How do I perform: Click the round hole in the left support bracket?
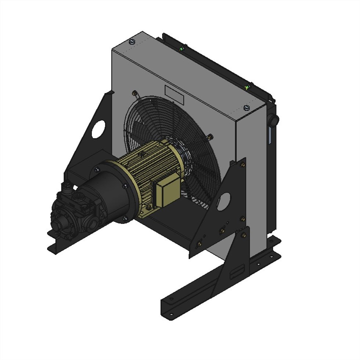(98, 129)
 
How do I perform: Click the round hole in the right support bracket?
(224, 201)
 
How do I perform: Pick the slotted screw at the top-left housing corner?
(133, 42)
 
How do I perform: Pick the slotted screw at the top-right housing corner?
(246, 108)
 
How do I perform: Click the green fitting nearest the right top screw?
(247, 87)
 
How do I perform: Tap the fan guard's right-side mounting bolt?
(210, 137)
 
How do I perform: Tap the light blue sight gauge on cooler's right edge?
(270, 136)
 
